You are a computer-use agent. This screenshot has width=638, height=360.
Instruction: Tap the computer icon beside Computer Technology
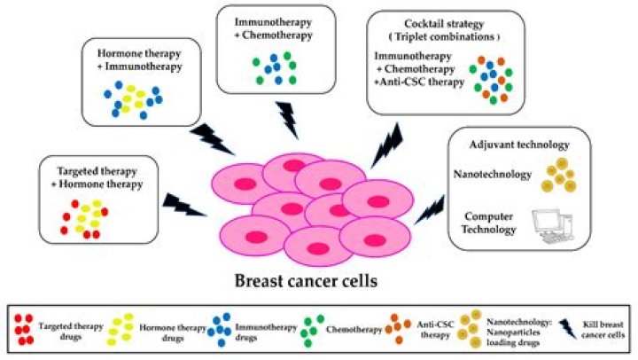(x=548, y=227)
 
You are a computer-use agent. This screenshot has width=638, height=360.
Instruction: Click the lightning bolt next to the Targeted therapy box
(x=184, y=207)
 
